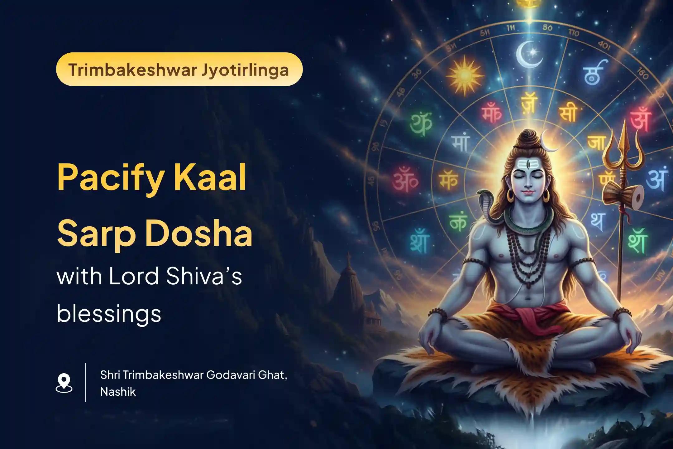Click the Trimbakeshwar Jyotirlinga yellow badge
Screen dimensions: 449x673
pyautogui.click(x=179, y=70)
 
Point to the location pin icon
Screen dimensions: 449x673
pyautogui.click(x=64, y=383)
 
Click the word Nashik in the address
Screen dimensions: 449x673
pyautogui.click(x=118, y=392)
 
